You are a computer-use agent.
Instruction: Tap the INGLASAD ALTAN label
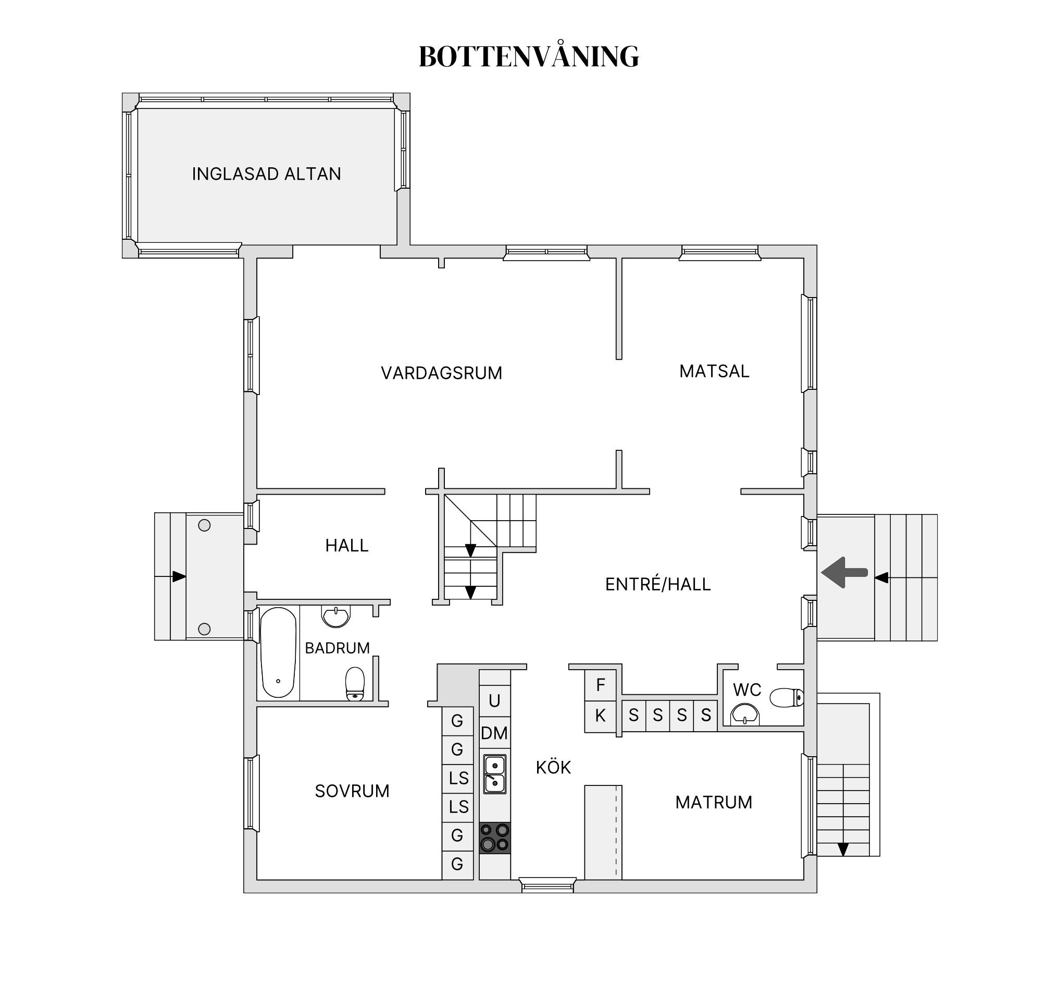(x=266, y=174)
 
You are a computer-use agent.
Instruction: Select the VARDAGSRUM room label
(x=441, y=373)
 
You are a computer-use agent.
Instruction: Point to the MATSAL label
(x=714, y=371)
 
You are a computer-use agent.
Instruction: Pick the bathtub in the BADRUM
(x=278, y=652)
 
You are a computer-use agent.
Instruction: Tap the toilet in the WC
(x=787, y=697)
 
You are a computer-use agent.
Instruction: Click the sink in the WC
(x=744, y=714)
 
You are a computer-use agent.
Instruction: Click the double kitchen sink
(x=495, y=774)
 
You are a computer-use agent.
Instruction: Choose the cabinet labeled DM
(x=494, y=733)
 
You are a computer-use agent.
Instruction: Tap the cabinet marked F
(x=600, y=685)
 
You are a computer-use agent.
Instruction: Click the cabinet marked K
(x=600, y=717)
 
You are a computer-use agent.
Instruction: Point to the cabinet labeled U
(x=494, y=701)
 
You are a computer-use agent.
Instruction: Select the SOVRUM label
(x=352, y=791)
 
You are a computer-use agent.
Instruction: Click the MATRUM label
(x=714, y=803)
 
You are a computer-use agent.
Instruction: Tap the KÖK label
(x=553, y=767)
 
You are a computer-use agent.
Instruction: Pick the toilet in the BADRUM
(x=355, y=684)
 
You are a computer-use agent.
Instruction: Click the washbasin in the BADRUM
(x=336, y=617)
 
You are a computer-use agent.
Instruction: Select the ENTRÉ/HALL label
(x=658, y=584)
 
